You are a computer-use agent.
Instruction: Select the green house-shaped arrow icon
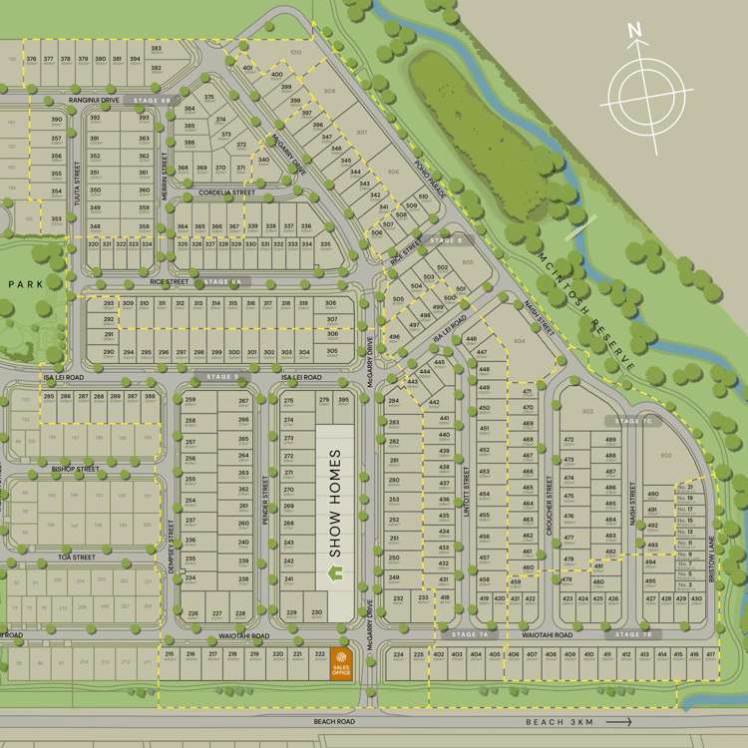[336, 573]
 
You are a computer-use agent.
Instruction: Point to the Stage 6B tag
[152, 101]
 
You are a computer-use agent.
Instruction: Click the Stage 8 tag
[446, 240]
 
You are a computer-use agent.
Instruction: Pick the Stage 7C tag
[626, 421]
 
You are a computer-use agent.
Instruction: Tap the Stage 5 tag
[222, 377]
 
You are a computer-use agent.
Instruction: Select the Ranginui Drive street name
[93, 101]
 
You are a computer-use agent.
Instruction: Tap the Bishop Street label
[75, 468]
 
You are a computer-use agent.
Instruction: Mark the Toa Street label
[77, 557]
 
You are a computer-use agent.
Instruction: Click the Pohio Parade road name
[422, 178]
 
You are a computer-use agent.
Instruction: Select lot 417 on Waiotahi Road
[710, 655]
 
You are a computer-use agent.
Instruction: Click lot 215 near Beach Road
[170, 655]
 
